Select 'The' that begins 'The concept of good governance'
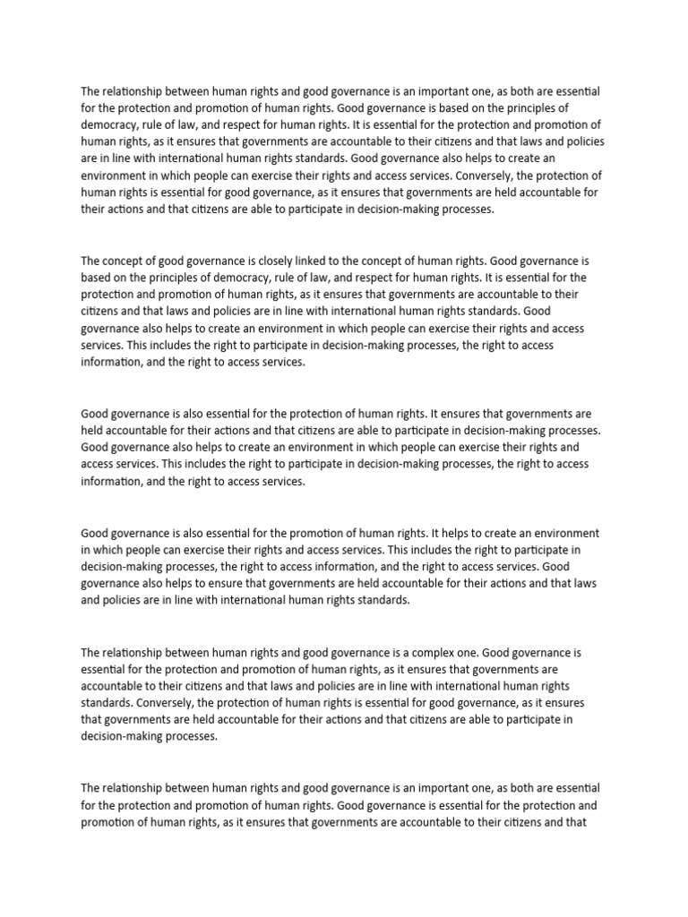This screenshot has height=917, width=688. click(x=91, y=261)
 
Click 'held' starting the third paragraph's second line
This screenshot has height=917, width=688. click(x=93, y=431)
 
